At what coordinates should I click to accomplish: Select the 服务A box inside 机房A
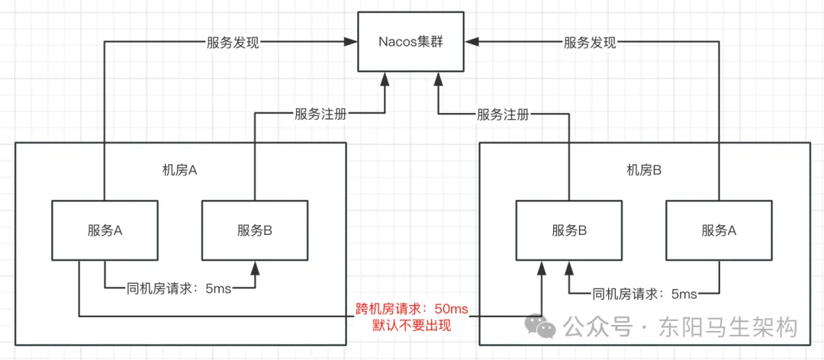click(x=105, y=230)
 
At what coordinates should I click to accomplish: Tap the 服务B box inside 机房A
click(x=255, y=230)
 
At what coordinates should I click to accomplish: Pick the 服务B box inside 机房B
click(x=568, y=230)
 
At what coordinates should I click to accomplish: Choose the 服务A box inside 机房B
click(x=719, y=230)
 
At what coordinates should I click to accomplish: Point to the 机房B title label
click(x=643, y=169)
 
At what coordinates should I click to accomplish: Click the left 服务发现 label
click(x=233, y=43)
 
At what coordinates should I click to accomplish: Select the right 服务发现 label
click(x=590, y=43)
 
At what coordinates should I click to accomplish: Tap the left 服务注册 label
click(x=320, y=114)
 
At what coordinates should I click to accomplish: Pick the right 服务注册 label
click(x=503, y=114)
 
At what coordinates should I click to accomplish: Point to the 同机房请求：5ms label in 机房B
click(x=645, y=293)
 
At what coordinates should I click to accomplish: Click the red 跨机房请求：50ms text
click(x=412, y=309)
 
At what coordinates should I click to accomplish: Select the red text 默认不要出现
click(x=412, y=326)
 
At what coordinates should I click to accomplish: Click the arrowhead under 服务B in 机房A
click(x=255, y=265)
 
